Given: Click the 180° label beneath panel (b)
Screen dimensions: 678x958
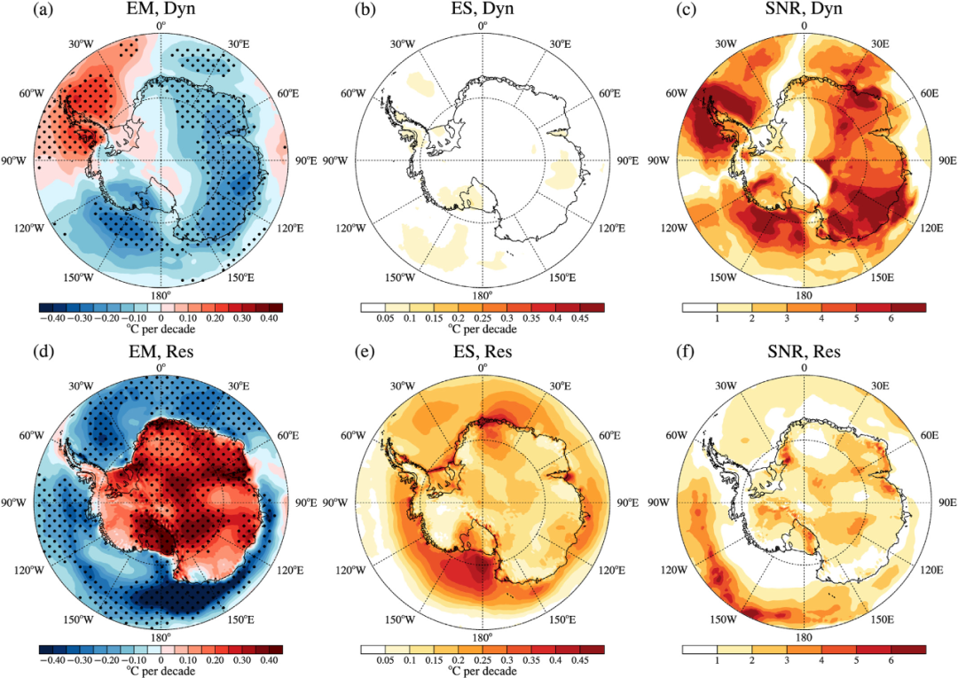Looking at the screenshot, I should (x=482, y=295).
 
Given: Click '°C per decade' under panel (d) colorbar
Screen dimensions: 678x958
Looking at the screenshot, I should (x=161, y=672).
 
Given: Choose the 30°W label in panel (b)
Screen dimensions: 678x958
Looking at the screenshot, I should (x=403, y=42).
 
